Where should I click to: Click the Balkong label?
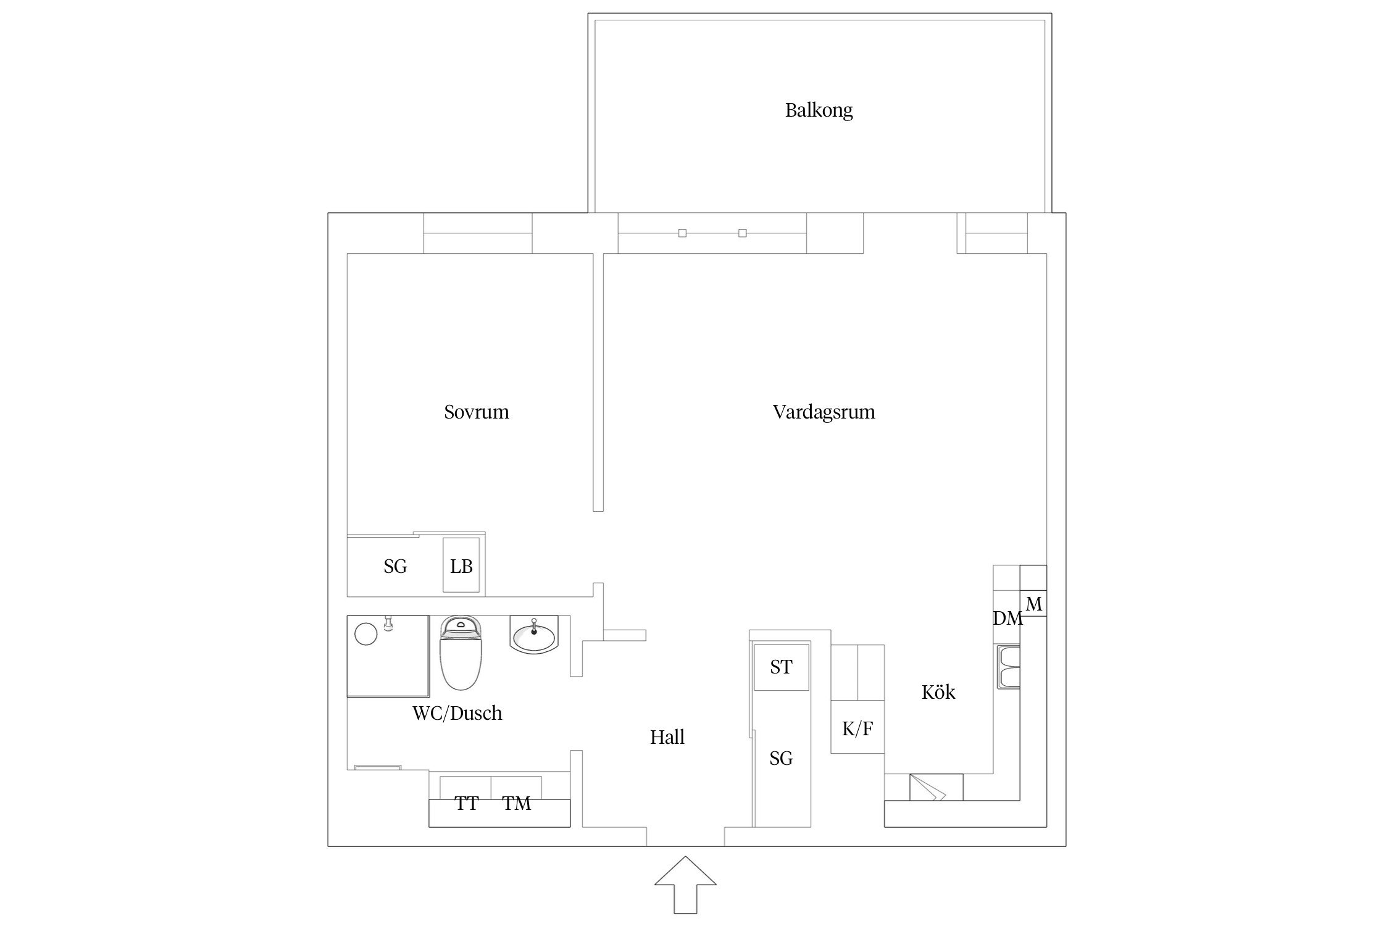click(x=819, y=111)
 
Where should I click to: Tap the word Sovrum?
click(x=476, y=412)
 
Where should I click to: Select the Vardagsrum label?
click(x=824, y=412)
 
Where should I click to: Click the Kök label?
click(x=938, y=692)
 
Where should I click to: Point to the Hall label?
click(x=667, y=737)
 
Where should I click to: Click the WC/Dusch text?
click(x=457, y=713)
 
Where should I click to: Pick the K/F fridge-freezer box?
click(x=857, y=728)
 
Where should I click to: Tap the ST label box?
click(x=781, y=667)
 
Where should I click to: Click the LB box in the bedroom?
click(x=461, y=566)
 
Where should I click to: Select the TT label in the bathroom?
click(x=466, y=803)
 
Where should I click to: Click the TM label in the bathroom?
click(x=516, y=803)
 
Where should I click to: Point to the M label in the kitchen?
click(x=1033, y=604)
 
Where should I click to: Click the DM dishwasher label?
click(x=1007, y=618)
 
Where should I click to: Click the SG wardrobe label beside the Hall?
click(x=781, y=758)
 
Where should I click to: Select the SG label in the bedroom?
click(x=395, y=566)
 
